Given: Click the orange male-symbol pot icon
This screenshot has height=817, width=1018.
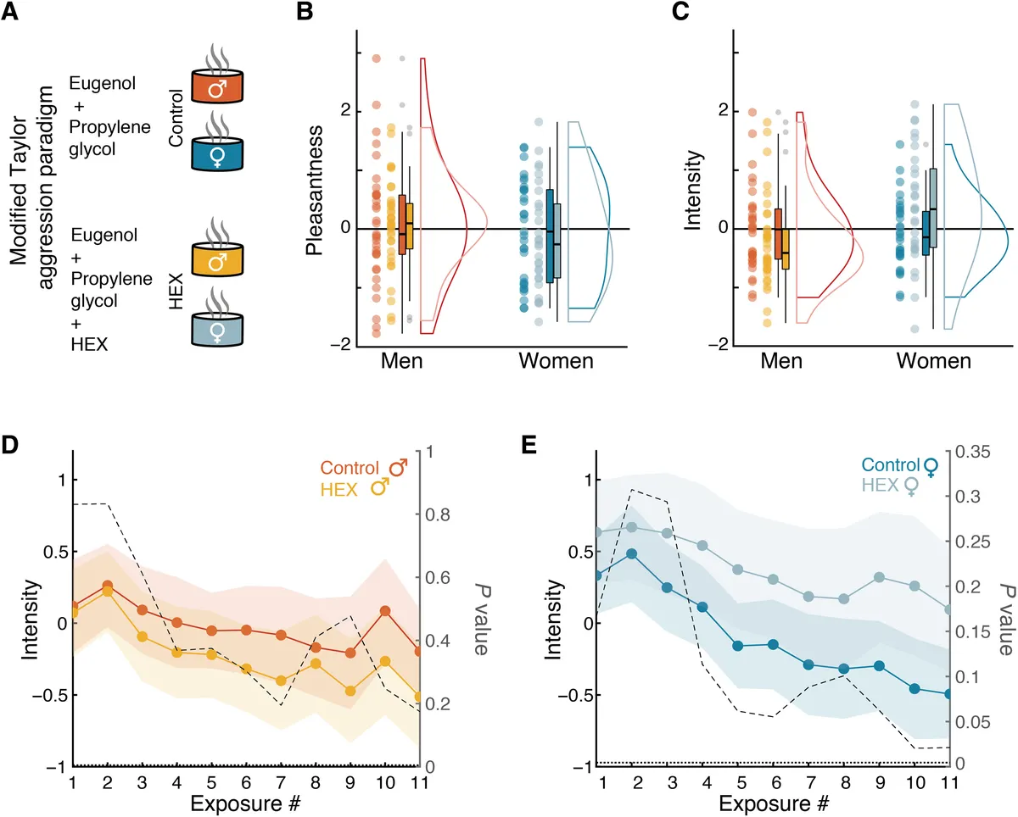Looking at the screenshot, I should click(216, 86).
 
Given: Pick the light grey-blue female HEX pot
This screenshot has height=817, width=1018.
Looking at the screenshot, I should click(216, 327).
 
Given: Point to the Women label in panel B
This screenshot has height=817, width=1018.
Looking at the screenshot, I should click(557, 362).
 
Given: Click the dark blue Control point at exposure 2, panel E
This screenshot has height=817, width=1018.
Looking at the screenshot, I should click(631, 553).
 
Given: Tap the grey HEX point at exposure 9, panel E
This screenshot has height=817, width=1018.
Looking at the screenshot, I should click(879, 577).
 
